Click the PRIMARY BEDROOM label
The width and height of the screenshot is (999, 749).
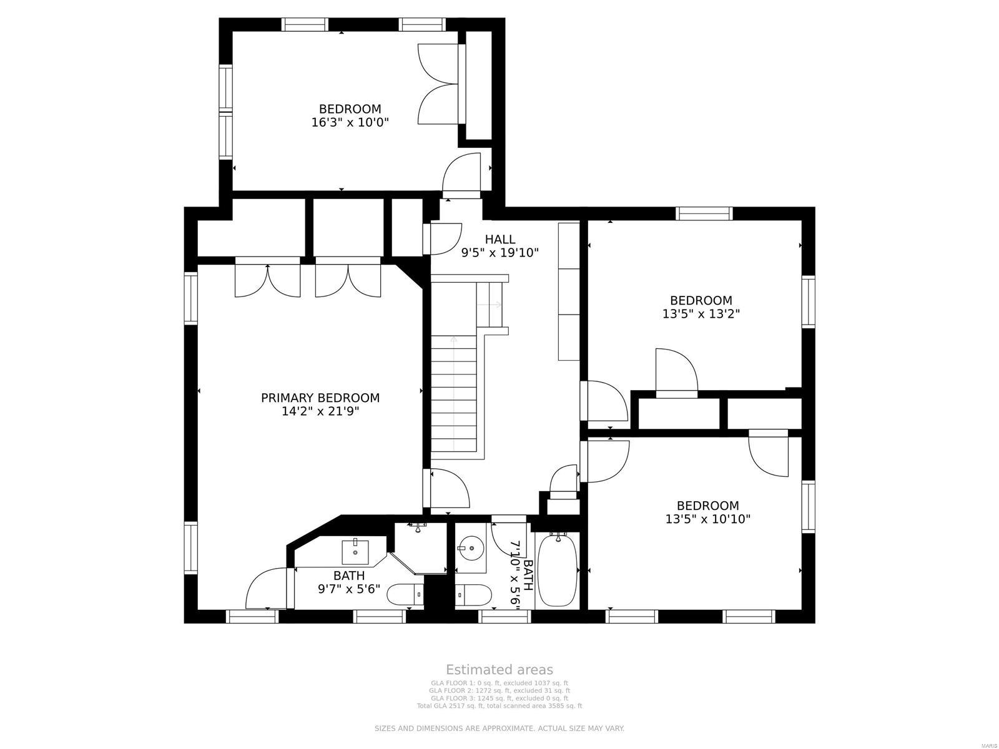coord(320,398)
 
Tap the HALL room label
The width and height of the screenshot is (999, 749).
coord(500,239)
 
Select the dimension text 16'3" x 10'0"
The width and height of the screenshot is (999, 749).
coord(350,122)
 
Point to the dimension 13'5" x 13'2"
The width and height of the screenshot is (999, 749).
coord(701,314)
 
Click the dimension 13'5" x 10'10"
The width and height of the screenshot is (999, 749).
coord(707,519)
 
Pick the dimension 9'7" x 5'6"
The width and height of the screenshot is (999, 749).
coord(348,588)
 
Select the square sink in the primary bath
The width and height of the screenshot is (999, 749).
coord(355,551)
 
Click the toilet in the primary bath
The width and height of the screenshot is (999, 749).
coord(405,595)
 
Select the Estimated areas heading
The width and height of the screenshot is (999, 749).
coord(499,670)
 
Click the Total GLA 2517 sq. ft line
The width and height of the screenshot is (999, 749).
coord(499,706)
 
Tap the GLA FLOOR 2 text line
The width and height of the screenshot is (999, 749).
coord(499,691)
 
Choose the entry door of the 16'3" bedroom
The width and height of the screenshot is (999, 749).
coord(461,174)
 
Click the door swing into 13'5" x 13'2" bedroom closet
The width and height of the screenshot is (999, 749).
coord(676,373)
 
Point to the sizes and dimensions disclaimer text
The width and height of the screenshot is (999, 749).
coord(499,728)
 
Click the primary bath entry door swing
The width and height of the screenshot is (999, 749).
coord(267,588)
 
